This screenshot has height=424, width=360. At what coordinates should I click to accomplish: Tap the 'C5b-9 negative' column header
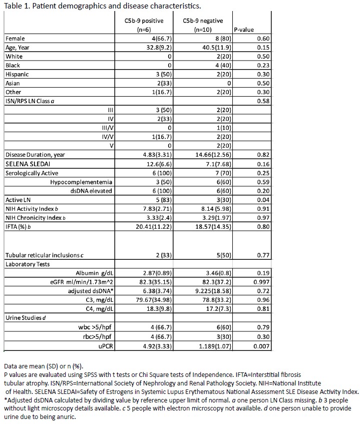coord(200,21)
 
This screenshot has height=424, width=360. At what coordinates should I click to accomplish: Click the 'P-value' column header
coord(244,30)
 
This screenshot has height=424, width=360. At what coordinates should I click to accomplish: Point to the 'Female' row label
coord(15,39)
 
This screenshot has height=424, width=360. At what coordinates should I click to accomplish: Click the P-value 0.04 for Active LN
coord(262,200)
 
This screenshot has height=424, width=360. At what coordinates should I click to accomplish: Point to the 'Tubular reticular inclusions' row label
coord(44,255)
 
